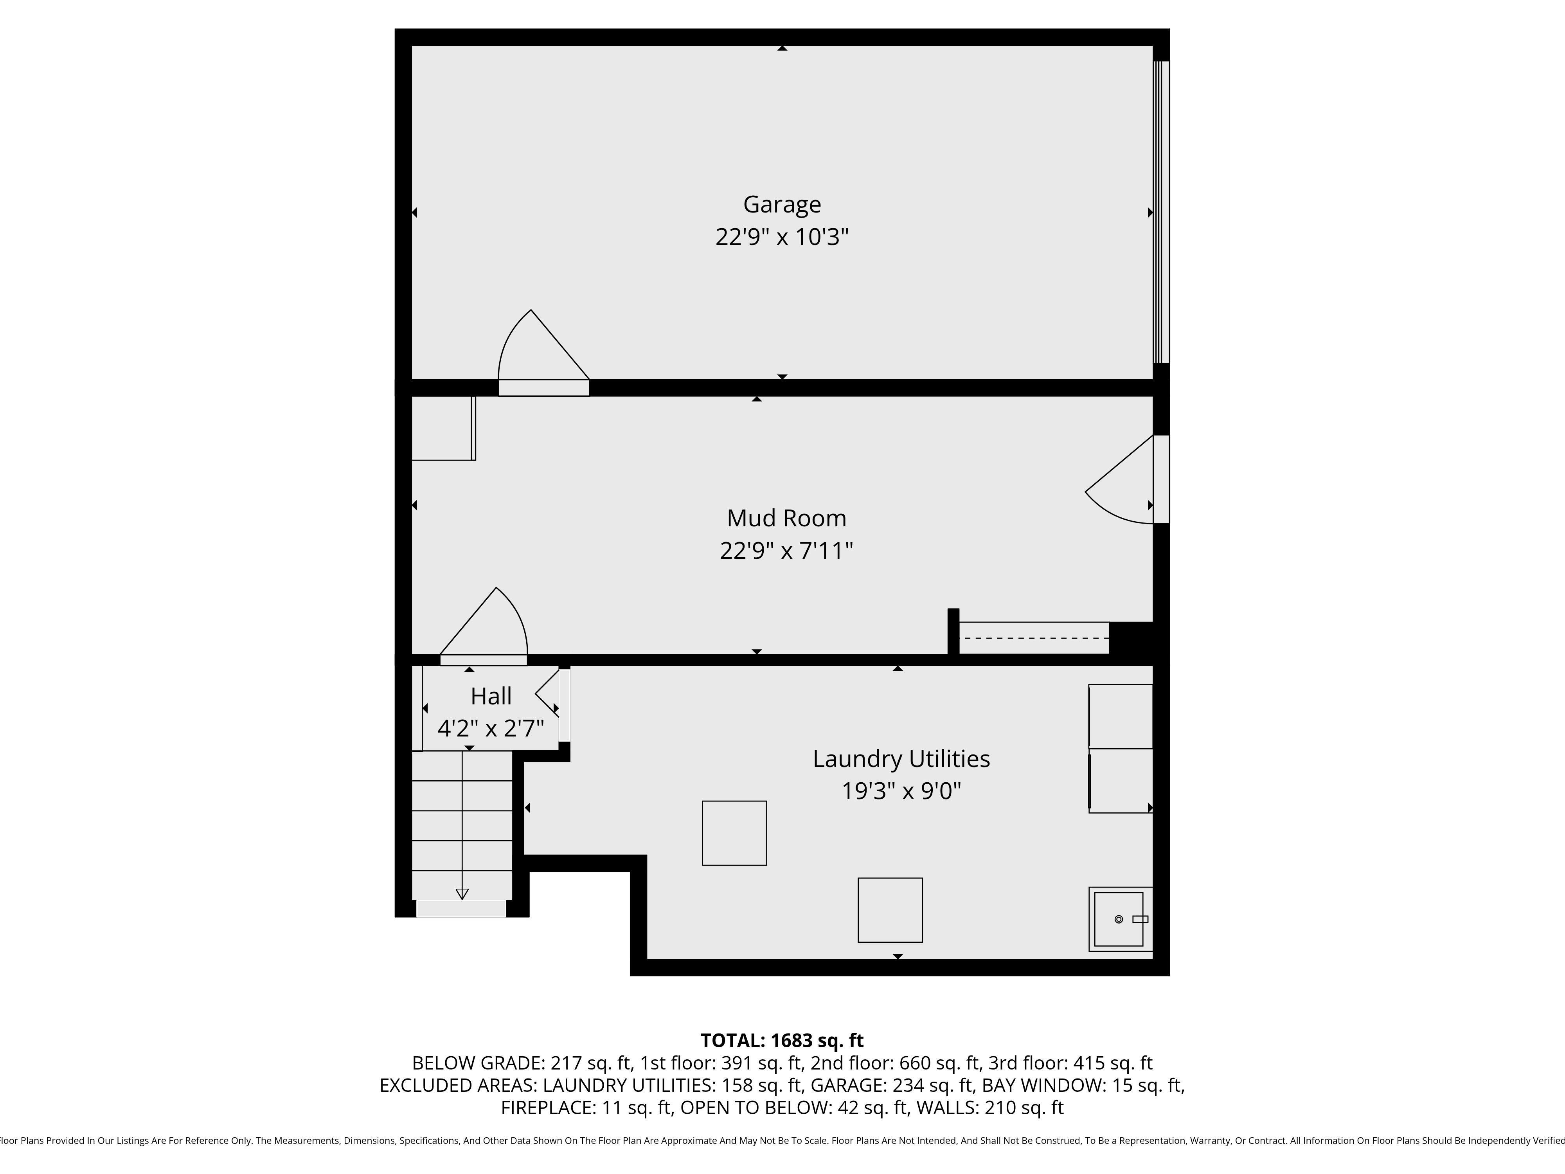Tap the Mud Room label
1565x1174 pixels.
click(x=786, y=518)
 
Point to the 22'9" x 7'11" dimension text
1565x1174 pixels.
click(x=786, y=551)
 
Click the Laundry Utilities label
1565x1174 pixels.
click(x=901, y=759)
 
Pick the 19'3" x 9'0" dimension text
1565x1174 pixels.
click(x=901, y=790)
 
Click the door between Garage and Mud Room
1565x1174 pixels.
click(x=543, y=388)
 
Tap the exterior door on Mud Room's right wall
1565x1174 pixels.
click(x=1160, y=479)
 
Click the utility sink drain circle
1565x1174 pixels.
click(x=1119, y=919)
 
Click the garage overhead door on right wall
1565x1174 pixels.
click(x=1161, y=212)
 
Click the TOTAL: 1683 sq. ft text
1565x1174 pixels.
click(x=782, y=1040)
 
